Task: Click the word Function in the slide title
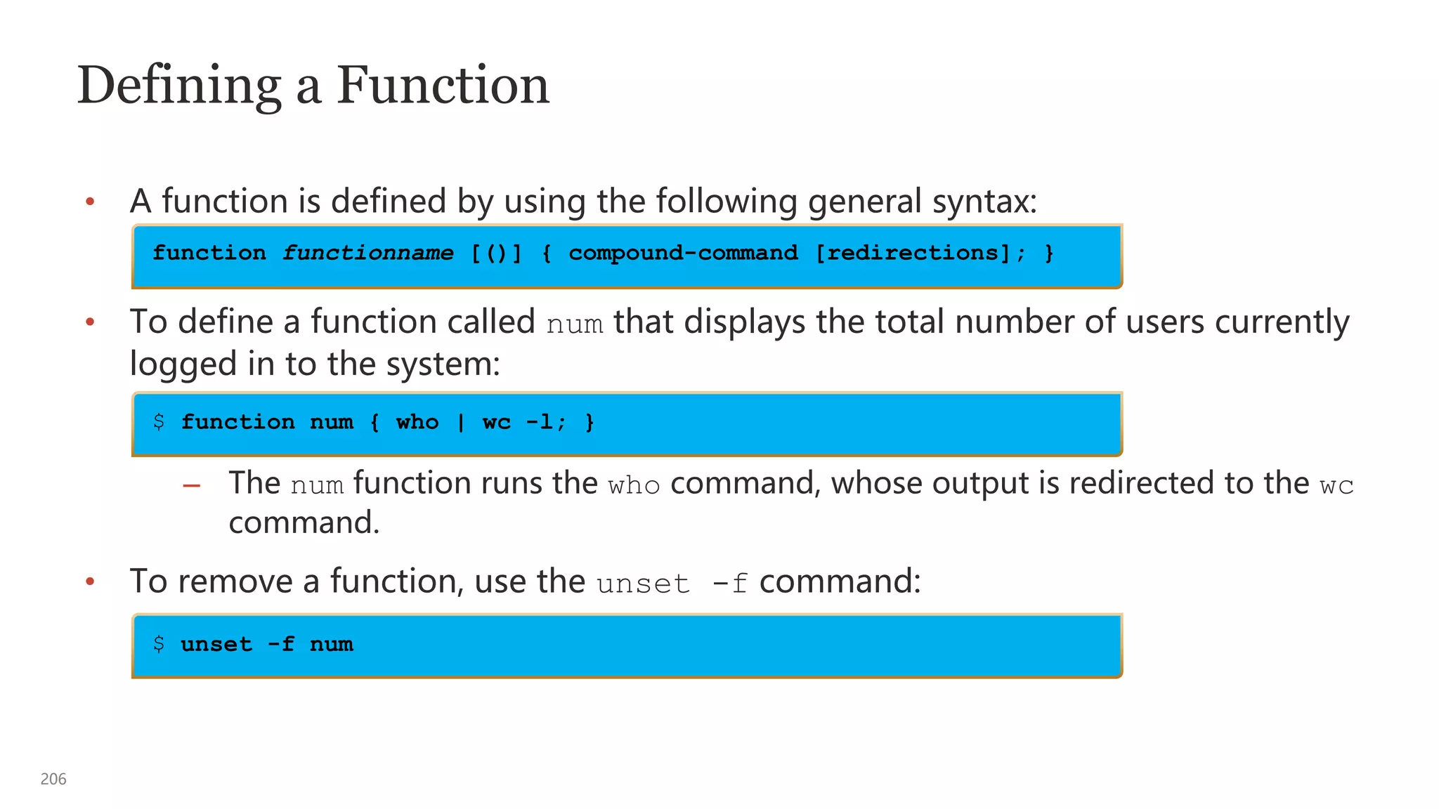click(x=443, y=86)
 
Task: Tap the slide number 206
click(x=53, y=779)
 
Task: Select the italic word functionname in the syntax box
click(x=368, y=253)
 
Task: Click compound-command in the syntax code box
click(x=683, y=253)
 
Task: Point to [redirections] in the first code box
click(x=913, y=253)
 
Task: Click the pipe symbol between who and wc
click(x=461, y=422)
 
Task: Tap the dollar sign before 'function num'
click(x=159, y=421)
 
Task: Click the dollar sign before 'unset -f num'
click(x=159, y=643)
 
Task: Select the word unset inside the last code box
click(x=216, y=644)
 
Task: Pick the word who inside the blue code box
click(x=417, y=422)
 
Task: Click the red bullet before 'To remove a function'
click(x=90, y=581)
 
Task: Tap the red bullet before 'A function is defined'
click(x=90, y=202)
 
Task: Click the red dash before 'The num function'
click(x=191, y=485)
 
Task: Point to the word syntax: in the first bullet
click(x=984, y=202)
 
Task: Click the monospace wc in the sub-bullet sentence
click(x=1336, y=486)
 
